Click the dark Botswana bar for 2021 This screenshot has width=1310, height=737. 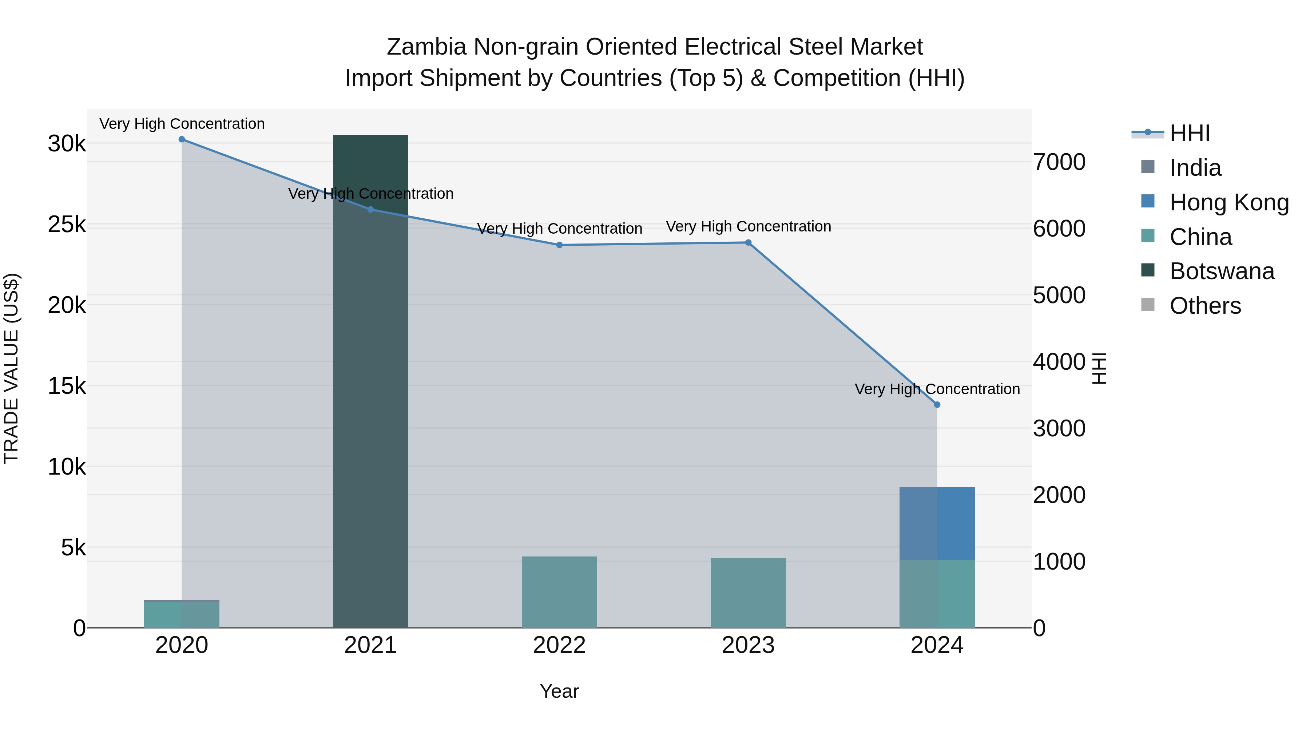pos(370,381)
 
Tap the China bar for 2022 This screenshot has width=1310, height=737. pos(559,592)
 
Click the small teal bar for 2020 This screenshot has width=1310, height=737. pos(182,614)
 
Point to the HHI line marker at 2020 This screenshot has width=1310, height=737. pos(182,139)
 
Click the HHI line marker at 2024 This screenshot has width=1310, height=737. pos(937,405)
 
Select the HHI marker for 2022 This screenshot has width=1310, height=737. pos(559,245)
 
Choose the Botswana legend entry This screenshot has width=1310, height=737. pos(1220,271)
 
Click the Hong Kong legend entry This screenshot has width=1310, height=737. pos(1228,202)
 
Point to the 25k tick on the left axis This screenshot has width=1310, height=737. pos(67,224)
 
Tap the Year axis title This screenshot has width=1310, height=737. pos(559,691)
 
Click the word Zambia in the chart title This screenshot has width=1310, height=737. pos(426,47)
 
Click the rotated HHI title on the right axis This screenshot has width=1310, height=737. pos(1099,368)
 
